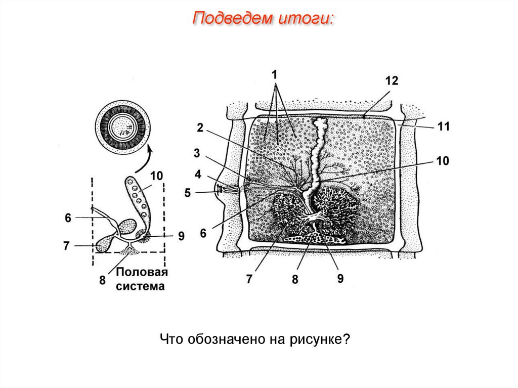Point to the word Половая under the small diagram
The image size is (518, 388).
(142, 273)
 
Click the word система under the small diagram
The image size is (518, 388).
(141, 286)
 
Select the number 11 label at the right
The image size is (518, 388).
(443, 126)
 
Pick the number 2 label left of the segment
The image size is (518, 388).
(200, 128)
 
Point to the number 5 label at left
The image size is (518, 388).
(188, 193)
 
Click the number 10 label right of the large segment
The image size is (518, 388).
(442, 161)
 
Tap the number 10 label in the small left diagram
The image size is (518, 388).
(156, 176)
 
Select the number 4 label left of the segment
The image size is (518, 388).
(198, 175)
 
